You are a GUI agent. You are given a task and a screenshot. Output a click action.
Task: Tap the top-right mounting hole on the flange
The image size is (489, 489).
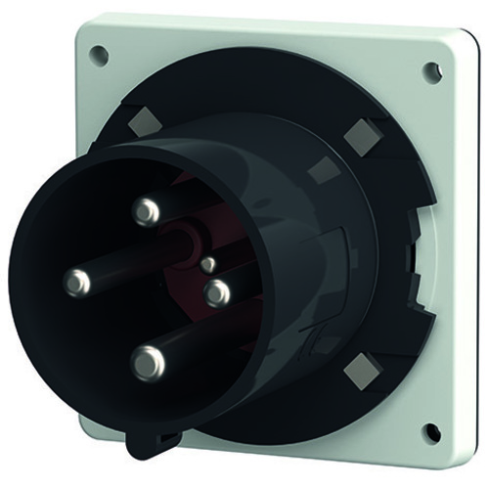click(430, 69)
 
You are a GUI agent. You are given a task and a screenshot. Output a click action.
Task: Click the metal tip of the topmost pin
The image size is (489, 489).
click(148, 208)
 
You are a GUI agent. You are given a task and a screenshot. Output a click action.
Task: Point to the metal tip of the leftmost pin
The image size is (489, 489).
click(76, 283)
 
